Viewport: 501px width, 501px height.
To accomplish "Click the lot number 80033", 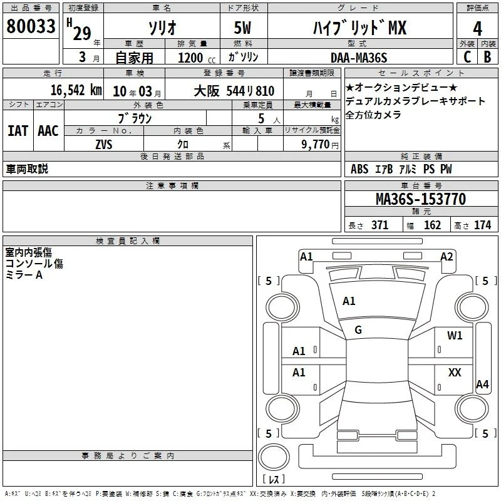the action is [x=31, y=26].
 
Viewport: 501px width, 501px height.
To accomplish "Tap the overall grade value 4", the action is [x=477, y=29].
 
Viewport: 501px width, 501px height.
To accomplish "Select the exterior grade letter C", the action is [x=467, y=57].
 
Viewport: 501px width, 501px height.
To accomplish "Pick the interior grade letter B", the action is [x=487, y=57].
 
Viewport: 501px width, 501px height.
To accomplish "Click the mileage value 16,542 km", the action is [x=76, y=90].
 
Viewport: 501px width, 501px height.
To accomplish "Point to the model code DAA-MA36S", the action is [x=359, y=58].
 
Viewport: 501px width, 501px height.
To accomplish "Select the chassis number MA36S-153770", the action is [x=421, y=199].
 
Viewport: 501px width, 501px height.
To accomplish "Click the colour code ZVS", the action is [x=104, y=145].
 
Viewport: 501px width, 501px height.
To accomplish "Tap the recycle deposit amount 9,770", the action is [x=316, y=145].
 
